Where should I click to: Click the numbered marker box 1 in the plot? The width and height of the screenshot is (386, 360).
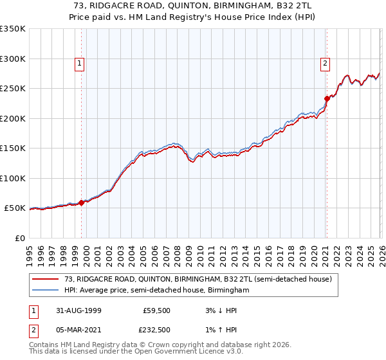78,63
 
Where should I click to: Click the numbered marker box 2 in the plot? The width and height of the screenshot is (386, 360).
326,63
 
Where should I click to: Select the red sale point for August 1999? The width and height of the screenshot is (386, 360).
82,203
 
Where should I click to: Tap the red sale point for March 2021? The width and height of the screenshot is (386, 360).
327,98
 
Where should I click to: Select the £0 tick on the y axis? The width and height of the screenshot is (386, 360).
19,238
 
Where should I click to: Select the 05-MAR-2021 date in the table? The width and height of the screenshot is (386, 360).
77,330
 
